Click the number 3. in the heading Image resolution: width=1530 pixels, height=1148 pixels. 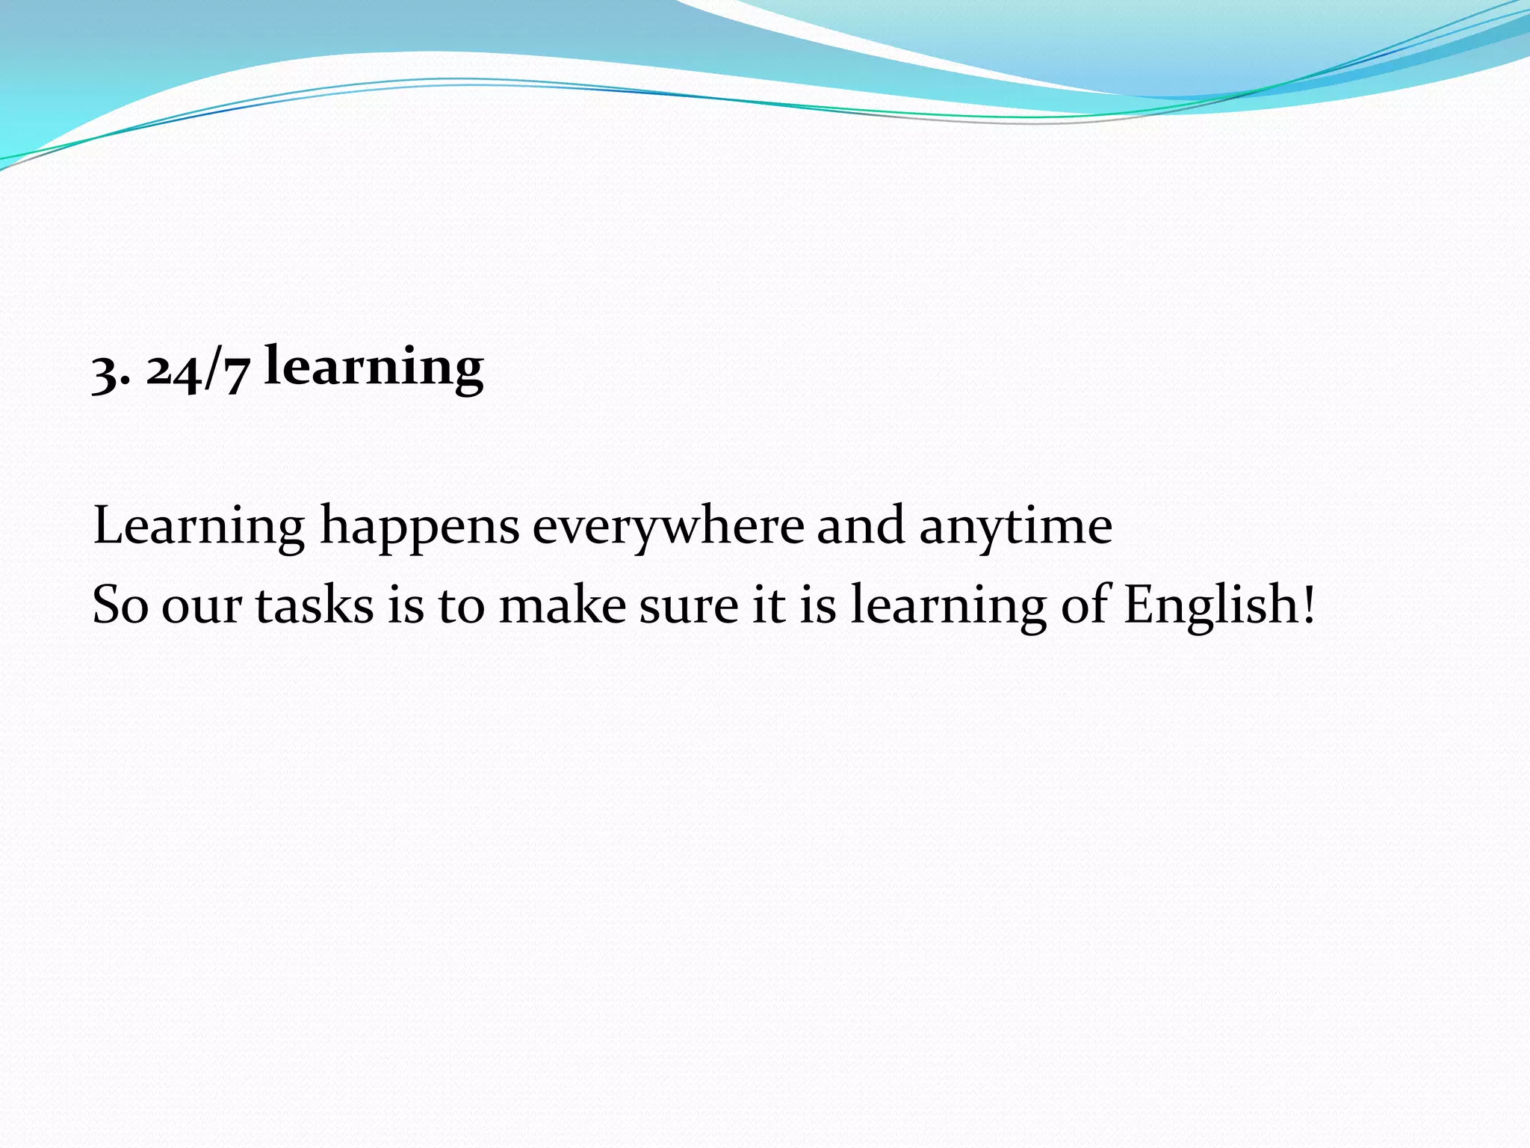point(111,371)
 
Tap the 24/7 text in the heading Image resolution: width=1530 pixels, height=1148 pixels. point(197,370)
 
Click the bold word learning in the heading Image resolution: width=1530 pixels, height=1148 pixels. point(374,368)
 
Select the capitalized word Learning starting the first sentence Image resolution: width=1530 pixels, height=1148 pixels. point(199,527)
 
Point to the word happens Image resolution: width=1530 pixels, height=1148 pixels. point(419,527)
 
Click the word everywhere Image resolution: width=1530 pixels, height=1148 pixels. point(668,527)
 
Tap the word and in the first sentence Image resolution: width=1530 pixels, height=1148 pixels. point(861,525)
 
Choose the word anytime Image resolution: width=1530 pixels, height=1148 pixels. point(1015,527)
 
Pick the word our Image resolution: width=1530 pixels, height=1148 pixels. point(201,607)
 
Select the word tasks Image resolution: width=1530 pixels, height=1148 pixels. point(315,605)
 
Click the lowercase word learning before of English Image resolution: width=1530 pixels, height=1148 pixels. point(949,605)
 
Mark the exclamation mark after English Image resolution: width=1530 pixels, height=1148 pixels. point(1307,604)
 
